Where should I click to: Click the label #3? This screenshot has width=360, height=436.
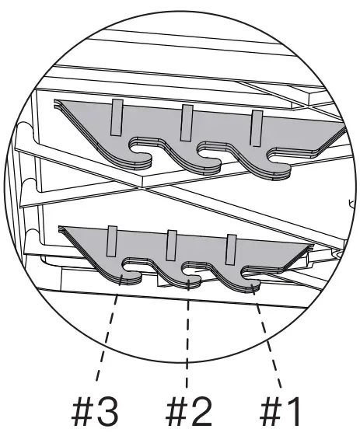tap(95, 411)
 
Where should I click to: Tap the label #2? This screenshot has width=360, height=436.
tap(189, 411)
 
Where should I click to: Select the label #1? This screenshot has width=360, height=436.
tap(280, 411)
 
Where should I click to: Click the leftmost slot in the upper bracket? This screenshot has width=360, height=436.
tap(117, 117)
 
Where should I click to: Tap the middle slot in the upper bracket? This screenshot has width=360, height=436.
tap(187, 123)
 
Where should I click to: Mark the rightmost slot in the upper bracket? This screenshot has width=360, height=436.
tap(257, 128)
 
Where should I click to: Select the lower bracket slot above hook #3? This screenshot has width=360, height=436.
tap(112, 241)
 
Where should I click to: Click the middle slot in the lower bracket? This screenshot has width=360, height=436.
tap(171, 246)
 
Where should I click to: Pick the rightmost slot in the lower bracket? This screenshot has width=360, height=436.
tap(231, 249)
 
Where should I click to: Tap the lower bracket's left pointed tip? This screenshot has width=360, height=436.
tap(60, 228)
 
